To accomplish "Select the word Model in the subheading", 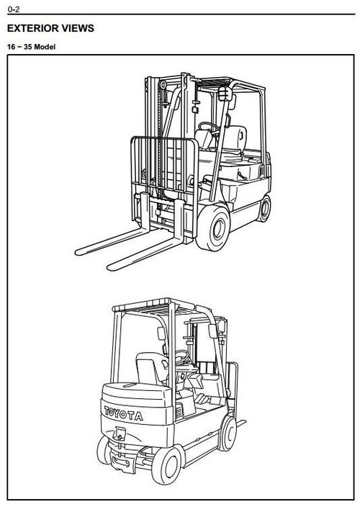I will coord(47,48).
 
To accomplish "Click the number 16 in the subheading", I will coord(12,48).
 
